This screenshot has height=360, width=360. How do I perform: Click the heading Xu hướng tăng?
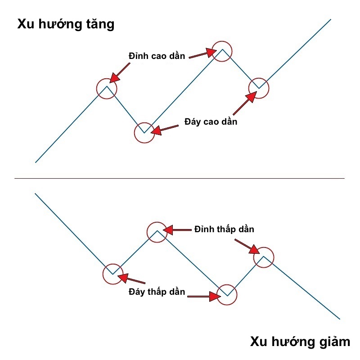[x=66, y=24]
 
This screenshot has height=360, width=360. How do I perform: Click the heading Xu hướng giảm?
[x=300, y=342]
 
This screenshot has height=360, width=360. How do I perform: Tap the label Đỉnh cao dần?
[x=157, y=55]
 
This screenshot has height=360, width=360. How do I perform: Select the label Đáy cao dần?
[x=211, y=121]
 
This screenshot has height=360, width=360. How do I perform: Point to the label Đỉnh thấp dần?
[x=224, y=229]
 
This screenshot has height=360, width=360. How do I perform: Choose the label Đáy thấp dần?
[x=157, y=292]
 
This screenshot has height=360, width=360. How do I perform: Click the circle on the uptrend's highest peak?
[x=222, y=50]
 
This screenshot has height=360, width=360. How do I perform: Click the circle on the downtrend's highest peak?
[x=157, y=231]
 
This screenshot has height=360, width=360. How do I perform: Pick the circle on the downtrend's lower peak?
[x=264, y=257]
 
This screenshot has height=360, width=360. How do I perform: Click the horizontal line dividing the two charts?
[x=180, y=179]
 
